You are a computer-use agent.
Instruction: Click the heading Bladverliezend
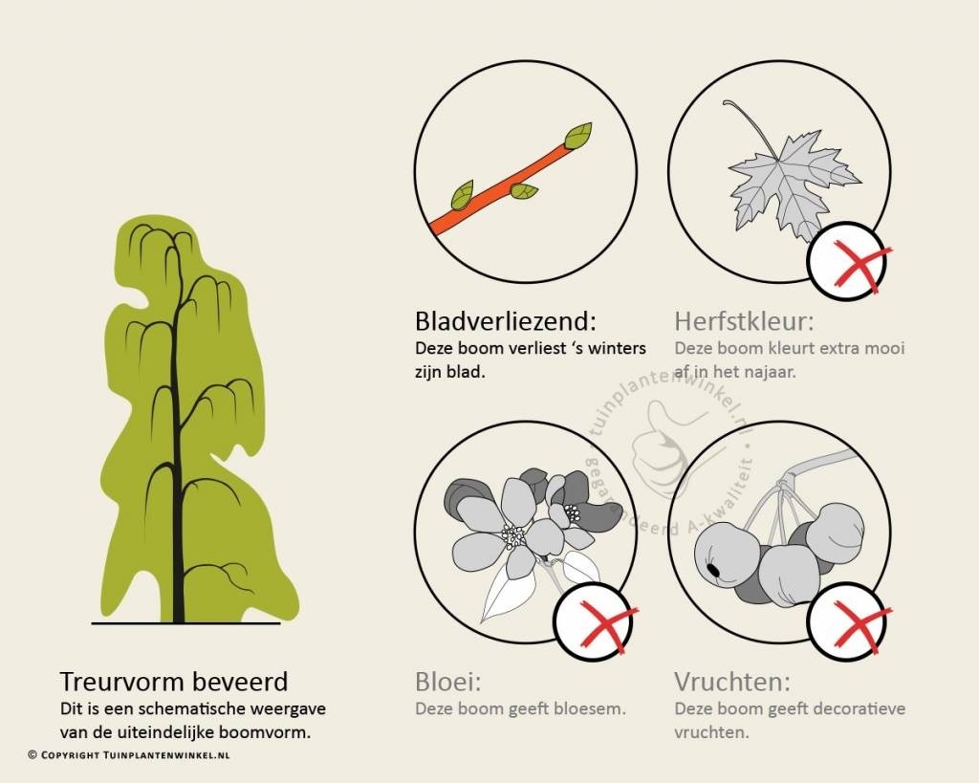click(x=506, y=321)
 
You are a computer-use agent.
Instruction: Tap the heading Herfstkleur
click(x=744, y=321)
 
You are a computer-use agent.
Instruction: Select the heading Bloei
click(x=448, y=682)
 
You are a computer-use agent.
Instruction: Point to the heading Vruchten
click(x=732, y=682)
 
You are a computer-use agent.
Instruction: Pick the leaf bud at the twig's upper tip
click(x=578, y=136)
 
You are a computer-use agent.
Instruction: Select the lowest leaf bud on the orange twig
click(x=463, y=195)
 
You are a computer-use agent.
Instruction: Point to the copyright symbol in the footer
click(x=33, y=755)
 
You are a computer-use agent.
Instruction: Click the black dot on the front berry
click(x=711, y=570)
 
